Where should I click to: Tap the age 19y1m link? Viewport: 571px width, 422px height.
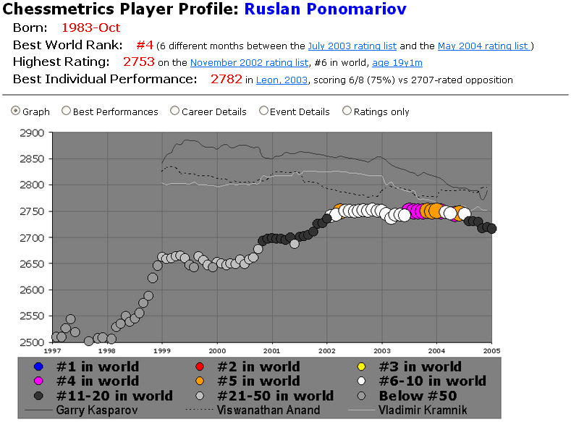point(397,63)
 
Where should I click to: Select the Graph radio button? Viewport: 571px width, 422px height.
point(16,111)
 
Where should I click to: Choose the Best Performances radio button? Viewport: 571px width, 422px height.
point(67,111)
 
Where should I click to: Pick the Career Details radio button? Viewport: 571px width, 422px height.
point(174,111)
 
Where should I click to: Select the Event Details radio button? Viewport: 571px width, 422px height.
point(263,111)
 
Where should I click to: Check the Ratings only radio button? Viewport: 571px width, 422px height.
point(347,111)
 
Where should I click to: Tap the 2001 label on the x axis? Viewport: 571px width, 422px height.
point(272,350)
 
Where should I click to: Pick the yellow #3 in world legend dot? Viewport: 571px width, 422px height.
point(363,366)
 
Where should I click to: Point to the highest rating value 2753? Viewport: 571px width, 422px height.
point(138,62)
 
